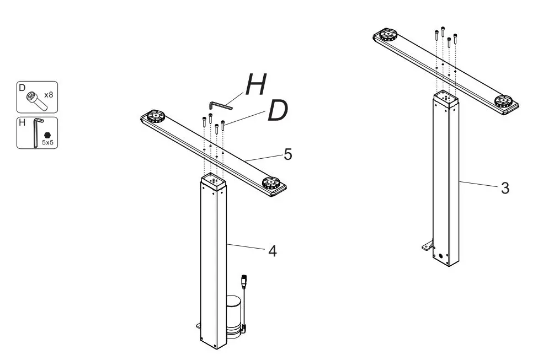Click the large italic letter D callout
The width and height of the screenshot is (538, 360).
278,111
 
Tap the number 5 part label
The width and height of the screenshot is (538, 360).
287,154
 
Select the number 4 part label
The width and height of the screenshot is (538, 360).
271,251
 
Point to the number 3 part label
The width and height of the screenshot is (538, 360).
504,188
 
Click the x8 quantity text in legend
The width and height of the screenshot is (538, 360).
49,95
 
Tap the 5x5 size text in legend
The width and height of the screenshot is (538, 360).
48,142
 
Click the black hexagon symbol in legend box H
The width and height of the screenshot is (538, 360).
48,134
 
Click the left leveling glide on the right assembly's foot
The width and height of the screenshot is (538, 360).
388,36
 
